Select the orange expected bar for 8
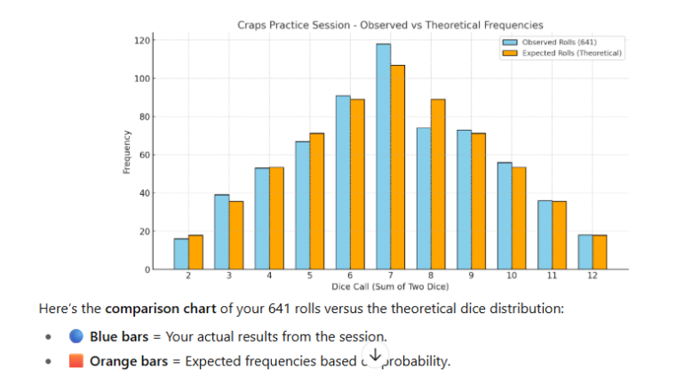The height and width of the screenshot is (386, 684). [x=438, y=184]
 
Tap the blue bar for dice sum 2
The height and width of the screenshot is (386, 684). [x=181, y=253]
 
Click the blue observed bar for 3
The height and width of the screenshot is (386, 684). [x=222, y=232]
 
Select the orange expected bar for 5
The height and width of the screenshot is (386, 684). [x=317, y=201]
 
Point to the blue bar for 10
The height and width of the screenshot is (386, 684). [x=505, y=216]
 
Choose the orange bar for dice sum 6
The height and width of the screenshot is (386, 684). [x=357, y=184]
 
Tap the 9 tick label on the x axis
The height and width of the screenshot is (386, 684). [x=471, y=277]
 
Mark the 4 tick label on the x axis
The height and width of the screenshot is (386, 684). [x=269, y=277]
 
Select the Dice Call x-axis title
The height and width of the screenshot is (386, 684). [x=390, y=286]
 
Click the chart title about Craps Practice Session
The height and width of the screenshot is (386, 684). [x=390, y=25]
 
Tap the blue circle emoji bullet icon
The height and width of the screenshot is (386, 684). [x=76, y=336]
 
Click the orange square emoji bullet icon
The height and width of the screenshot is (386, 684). [x=76, y=360]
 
